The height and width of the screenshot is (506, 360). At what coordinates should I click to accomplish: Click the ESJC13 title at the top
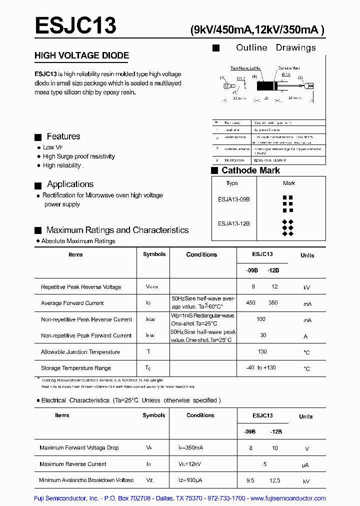(x=75, y=25)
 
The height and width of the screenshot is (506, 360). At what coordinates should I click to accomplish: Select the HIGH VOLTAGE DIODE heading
(x=81, y=55)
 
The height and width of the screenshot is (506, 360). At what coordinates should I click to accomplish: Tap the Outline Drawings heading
(x=275, y=47)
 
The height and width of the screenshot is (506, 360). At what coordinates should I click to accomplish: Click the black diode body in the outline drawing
(x=266, y=86)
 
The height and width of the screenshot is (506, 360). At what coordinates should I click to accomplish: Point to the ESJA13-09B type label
(x=233, y=199)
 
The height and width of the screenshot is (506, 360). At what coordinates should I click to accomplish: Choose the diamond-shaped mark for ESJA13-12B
(x=287, y=227)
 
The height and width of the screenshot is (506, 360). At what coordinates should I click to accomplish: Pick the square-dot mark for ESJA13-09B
(x=287, y=200)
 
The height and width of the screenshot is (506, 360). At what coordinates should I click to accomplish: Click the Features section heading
(x=63, y=136)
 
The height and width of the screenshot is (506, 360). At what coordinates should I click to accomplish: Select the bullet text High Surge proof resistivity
(x=78, y=156)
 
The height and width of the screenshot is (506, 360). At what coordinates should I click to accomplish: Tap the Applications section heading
(x=70, y=184)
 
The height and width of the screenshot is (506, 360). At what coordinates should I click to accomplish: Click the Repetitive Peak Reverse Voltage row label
(x=81, y=287)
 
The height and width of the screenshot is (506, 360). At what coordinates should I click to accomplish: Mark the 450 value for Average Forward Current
(x=251, y=303)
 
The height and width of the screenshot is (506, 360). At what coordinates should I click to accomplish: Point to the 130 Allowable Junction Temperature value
(x=262, y=351)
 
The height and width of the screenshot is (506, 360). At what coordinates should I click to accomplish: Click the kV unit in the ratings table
(x=307, y=287)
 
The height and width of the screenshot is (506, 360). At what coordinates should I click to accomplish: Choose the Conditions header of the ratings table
(x=201, y=254)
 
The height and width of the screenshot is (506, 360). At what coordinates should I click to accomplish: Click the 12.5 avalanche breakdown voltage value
(x=274, y=480)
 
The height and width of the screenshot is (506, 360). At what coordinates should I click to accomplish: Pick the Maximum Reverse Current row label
(x=73, y=464)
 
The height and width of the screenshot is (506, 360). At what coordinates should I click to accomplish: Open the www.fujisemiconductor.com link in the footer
(x=288, y=498)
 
